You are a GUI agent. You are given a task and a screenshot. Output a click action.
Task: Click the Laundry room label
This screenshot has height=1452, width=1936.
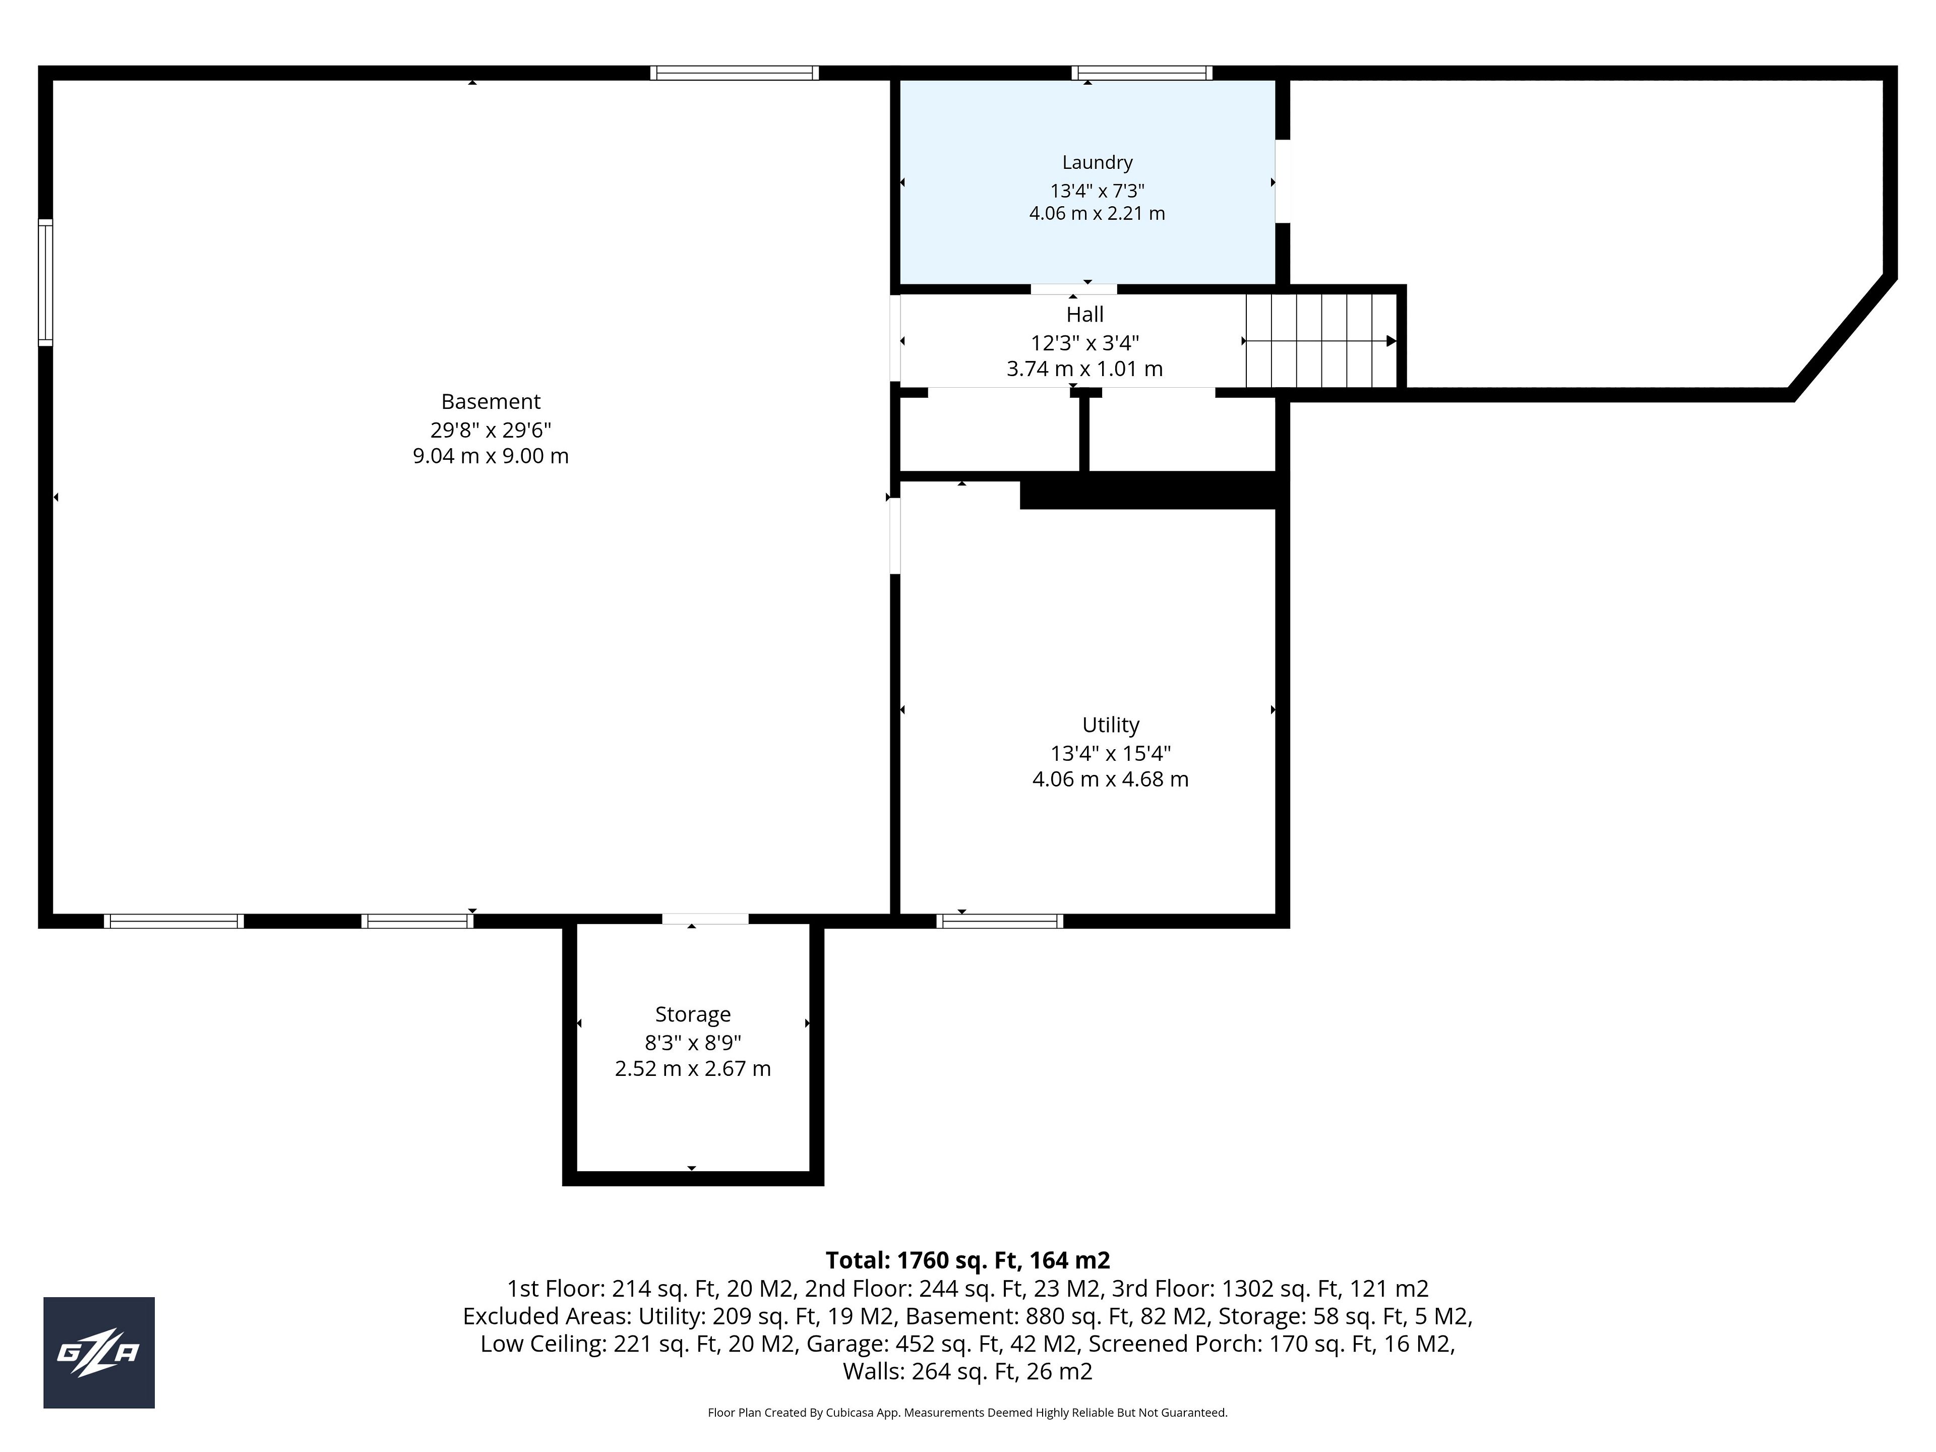coord(1097,163)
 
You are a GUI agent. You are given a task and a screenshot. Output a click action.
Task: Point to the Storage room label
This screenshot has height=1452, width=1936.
coord(692,1014)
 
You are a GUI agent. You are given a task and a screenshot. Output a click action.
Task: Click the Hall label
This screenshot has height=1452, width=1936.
coord(1084,314)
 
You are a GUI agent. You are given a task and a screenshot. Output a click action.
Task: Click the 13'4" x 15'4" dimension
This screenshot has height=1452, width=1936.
coord(1111,753)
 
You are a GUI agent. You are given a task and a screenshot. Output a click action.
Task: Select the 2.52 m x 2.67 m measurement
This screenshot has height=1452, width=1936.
coord(692,1069)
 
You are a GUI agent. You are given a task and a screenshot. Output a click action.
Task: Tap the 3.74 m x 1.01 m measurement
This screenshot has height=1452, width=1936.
coord(1084,370)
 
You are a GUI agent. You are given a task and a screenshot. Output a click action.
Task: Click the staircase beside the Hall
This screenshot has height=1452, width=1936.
coord(1321,340)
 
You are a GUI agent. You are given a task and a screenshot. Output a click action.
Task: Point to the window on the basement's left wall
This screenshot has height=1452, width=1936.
coord(45,283)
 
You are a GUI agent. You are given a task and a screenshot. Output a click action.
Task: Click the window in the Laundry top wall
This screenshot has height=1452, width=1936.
coord(1142,73)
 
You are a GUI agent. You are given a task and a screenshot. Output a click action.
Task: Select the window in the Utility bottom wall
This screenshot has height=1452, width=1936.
coord(999,921)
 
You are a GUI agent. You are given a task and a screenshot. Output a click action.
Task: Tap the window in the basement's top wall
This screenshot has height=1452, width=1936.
coord(734,73)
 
